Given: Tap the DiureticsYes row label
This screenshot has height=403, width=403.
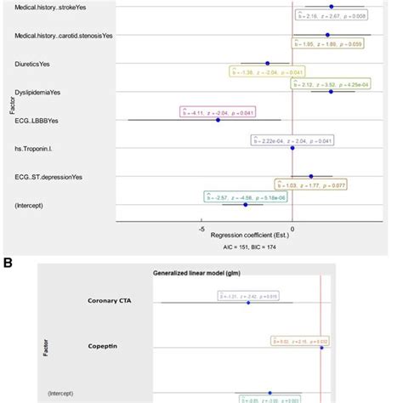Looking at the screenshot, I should pos(31,63).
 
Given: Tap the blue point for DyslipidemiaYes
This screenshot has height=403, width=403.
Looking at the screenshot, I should pos(331,91).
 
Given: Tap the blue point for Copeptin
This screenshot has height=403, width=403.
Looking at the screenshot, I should pos(321,348).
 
